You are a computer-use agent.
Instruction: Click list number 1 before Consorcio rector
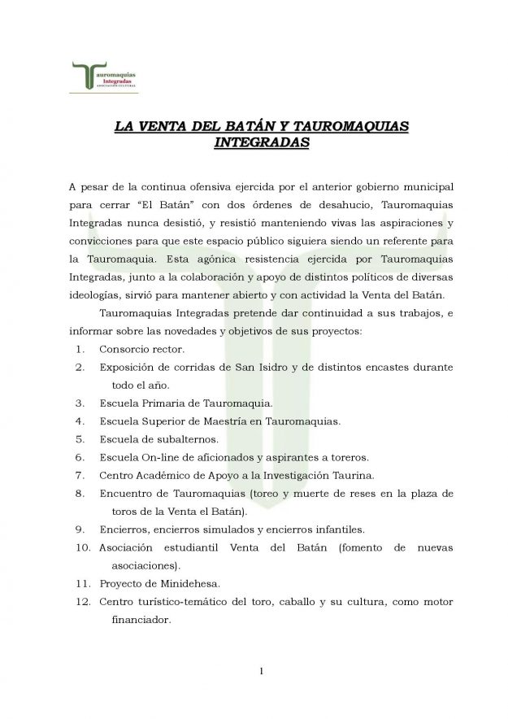80,350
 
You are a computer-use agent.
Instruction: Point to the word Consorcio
125,350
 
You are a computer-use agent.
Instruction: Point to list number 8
80,493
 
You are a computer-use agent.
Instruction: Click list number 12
80,602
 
